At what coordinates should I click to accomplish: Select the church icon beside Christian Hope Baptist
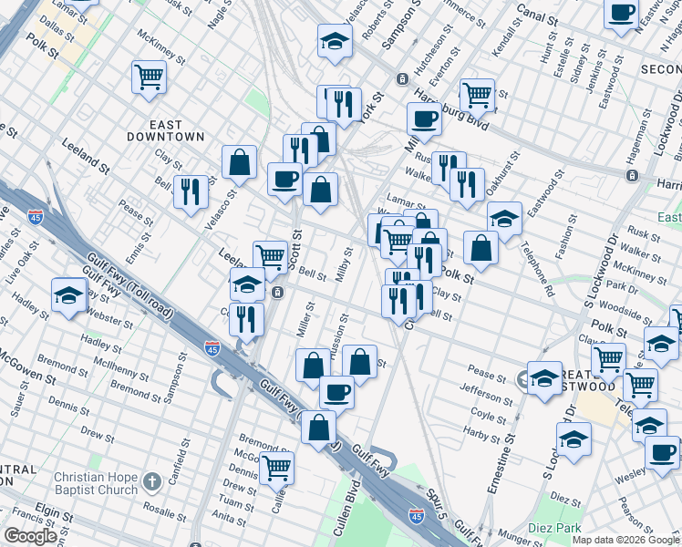tap(152, 479)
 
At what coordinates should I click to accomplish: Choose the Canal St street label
tap(536, 17)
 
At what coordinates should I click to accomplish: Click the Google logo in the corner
tap(30, 536)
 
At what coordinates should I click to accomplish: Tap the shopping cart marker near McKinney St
tap(148, 77)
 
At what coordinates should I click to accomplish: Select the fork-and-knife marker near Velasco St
tap(191, 191)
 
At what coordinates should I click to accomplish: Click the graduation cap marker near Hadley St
tap(68, 295)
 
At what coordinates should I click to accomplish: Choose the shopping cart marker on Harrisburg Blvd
tap(477, 93)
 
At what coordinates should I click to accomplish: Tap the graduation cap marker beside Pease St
tap(544, 378)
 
